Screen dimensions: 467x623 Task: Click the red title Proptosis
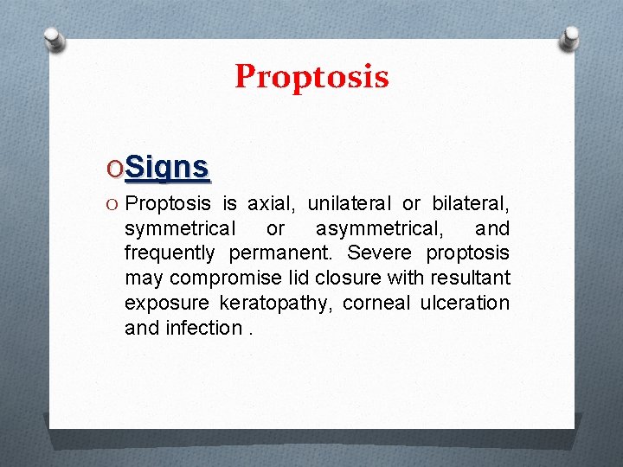[x=311, y=77]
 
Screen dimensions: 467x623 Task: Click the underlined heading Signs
[x=167, y=166]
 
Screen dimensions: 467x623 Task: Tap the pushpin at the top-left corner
[x=54, y=39]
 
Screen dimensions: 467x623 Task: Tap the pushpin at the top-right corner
[x=570, y=39]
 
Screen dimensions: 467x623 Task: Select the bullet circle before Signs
[x=114, y=167]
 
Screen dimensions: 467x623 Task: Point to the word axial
[x=273, y=204]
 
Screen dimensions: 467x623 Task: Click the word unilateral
[x=350, y=204]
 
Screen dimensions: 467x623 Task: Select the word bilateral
[x=467, y=204]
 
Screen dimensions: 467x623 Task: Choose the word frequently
[x=170, y=253]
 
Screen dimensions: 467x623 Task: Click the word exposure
[x=167, y=304]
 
